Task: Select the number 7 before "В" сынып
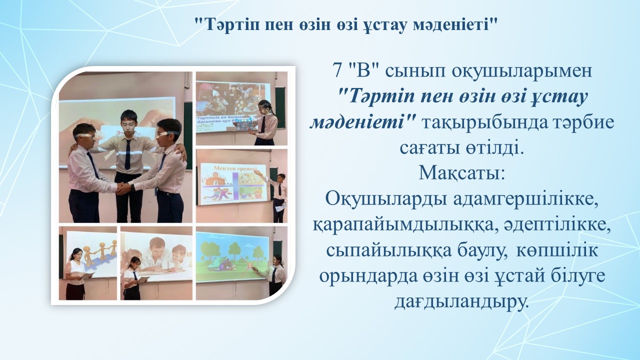(337, 71)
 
